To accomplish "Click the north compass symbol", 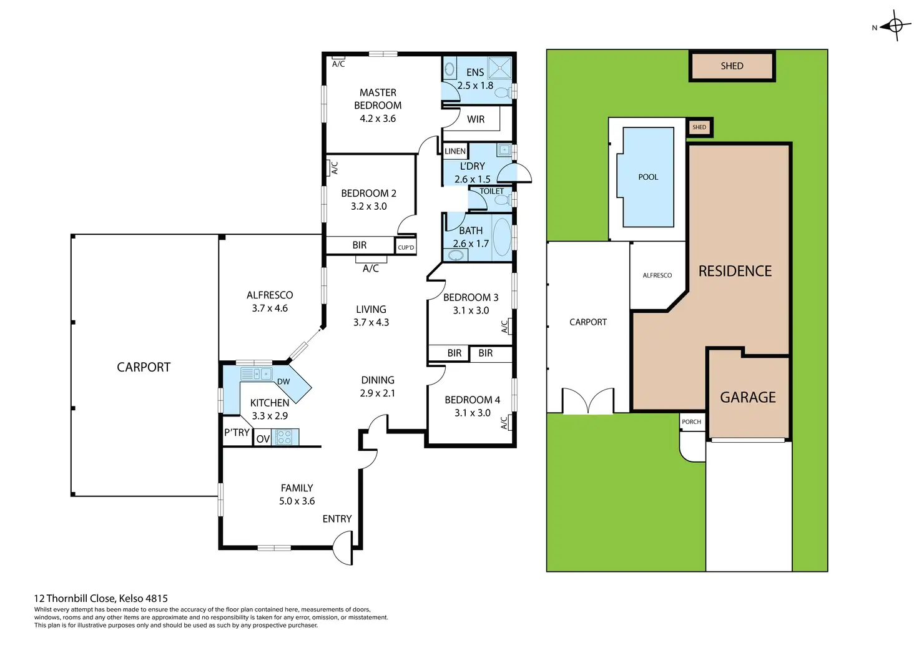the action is point(896,26).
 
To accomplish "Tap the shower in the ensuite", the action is point(499,68).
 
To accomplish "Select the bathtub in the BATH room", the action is point(501,237).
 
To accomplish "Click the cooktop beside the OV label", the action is point(285,437).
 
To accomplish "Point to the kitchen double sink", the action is point(257,374).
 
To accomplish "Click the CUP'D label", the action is point(406,247).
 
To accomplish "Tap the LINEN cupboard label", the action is point(455,151).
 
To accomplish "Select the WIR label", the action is point(476,119).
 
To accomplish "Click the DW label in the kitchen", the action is point(283,382).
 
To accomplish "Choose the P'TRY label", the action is point(237,433).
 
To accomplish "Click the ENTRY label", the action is point(337,519).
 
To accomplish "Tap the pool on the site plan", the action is point(648,177).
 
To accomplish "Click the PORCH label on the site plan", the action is point(691,422).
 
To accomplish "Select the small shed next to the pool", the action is point(699,127).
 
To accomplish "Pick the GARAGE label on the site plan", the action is point(748,397).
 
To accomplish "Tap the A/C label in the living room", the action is point(370,268).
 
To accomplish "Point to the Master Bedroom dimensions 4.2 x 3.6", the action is point(378,119).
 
